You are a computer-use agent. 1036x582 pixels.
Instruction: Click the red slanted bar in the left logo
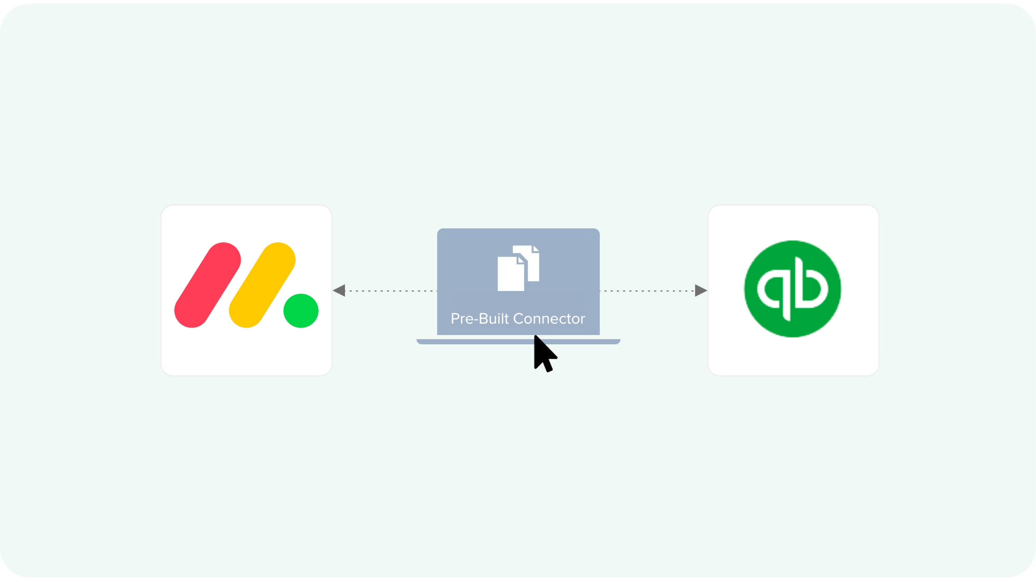(208, 285)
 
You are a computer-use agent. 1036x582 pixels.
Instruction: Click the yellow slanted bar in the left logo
(262, 285)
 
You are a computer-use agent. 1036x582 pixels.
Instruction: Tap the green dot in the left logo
(301, 311)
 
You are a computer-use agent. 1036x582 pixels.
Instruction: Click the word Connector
(549, 319)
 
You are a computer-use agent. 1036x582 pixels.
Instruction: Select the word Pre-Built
(480, 319)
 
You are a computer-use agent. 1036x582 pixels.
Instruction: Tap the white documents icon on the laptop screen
(518, 268)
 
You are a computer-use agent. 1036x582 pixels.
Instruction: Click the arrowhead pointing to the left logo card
(339, 290)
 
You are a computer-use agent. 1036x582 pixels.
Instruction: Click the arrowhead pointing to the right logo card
(700, 290)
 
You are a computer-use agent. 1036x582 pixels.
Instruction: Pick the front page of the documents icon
(510, 274)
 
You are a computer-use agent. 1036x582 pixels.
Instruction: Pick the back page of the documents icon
(534, 261)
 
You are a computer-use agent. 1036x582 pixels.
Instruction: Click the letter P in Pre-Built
(455, 319)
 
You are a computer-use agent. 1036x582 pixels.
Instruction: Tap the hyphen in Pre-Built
(476, 320)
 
